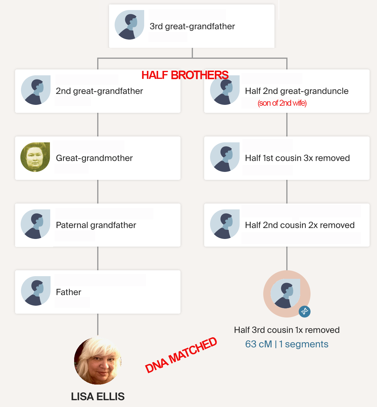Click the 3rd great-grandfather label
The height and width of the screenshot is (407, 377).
192,26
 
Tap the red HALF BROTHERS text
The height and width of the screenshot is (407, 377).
185,75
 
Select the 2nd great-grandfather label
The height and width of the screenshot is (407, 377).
99,91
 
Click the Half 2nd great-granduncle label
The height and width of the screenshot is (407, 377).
297,91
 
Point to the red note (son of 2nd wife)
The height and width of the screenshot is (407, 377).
282,103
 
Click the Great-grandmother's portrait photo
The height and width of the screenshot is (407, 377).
35,157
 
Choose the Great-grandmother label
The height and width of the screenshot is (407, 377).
94,158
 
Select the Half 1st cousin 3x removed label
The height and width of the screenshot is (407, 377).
297,158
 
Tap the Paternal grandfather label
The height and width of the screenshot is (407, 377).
96,225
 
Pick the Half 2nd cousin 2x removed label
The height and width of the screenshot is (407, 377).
300,225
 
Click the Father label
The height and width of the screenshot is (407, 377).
69,292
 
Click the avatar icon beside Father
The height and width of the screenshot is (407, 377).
36,291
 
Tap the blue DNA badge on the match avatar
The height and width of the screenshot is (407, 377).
305,312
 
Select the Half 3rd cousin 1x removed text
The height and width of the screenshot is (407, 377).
287,330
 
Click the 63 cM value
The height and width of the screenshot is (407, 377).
259,344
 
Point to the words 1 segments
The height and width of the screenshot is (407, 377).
304,344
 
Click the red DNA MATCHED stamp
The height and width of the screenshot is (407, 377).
181,355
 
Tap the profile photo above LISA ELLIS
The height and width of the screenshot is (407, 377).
98,361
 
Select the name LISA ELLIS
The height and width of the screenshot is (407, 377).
98,396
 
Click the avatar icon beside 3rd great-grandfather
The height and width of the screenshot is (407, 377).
129,25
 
